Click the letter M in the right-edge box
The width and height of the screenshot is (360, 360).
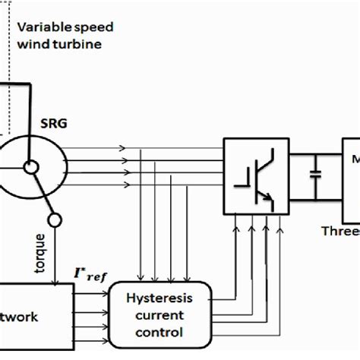coord(354,161)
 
